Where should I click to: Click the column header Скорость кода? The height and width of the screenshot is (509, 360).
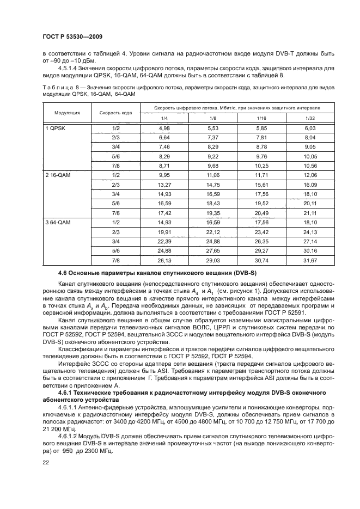click(116, 113)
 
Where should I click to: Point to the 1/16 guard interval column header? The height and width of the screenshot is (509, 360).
click(261, 118)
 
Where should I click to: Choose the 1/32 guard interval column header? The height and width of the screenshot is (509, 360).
click(310, 118)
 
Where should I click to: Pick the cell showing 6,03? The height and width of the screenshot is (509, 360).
click(310, 127)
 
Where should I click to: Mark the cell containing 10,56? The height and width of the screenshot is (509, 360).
click(310, 165)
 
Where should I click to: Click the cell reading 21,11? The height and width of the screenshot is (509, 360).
click(310, 213)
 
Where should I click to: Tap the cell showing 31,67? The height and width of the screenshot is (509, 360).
click(310, 261)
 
